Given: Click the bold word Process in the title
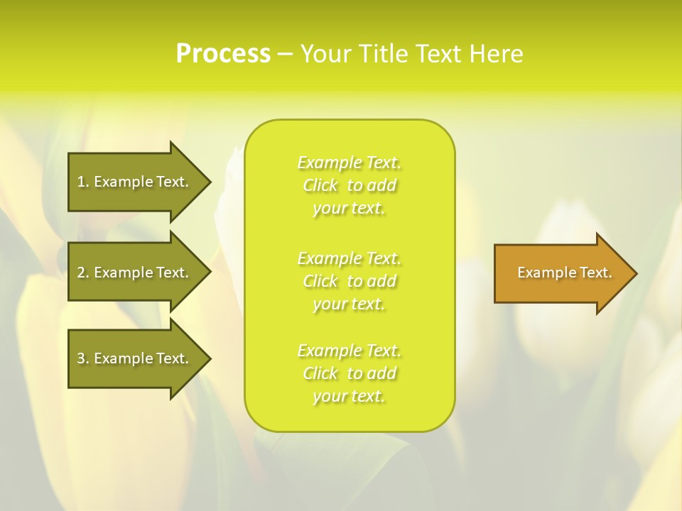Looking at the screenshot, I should click(222, 54).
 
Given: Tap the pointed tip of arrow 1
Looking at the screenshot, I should click(209, 182).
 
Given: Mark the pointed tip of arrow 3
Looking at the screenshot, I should click(209, 358).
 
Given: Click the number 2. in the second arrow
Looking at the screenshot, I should click(83, 273).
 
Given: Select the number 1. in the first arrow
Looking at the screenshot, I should click(83, 182).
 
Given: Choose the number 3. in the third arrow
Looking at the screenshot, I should click(83, 358).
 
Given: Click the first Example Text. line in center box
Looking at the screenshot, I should click(349, 163).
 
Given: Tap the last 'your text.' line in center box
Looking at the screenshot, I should click(349, 396).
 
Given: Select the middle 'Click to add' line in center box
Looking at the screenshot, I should click(349, 281).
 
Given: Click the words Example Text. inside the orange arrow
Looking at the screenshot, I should click(564, 273).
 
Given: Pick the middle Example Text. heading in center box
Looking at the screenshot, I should click(349, 258).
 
